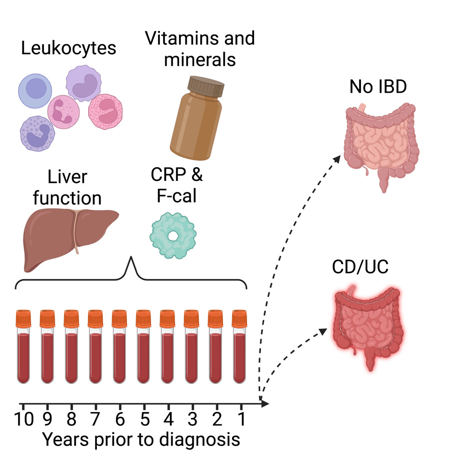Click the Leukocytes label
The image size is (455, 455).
click(x=69, y=48)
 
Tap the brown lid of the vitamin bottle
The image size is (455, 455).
click(x=206, y=86)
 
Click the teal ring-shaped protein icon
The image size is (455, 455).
click(x=173, y=236)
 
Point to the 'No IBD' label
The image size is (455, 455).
click(x=378, y=86)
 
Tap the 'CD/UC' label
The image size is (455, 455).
click(x=360, y=267)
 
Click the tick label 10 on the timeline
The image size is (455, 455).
click(x=24, y=419)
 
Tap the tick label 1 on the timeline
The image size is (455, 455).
click(x=241, y=419)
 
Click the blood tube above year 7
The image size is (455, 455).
click(x=95, y=347)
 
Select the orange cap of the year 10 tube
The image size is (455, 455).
click(x=23, y=318)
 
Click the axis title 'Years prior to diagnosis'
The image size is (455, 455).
click(x=141, y=439)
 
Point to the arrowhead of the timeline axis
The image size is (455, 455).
click(x=265, y=403)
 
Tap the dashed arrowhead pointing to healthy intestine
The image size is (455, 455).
click(x=337, y=159)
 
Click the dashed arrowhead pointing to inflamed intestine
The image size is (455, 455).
click(x=323, y=332)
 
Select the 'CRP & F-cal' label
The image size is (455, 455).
click(x=176, y=185)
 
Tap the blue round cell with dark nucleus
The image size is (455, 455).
click(x=35, y=91)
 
